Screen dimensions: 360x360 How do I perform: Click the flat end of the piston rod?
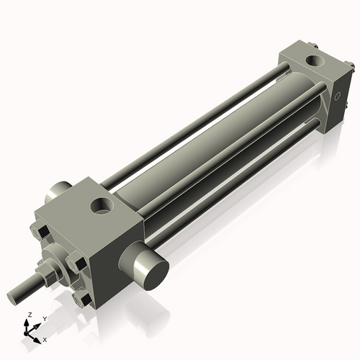pyautogui.click(x=13, y=296)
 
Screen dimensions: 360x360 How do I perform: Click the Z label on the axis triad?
pyautogui.click(x=28, y=315)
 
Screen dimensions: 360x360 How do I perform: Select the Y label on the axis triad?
pyautogui.click(x=44, y=318)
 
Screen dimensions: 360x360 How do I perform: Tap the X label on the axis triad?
pyautogui.click(x=45, y=338)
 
